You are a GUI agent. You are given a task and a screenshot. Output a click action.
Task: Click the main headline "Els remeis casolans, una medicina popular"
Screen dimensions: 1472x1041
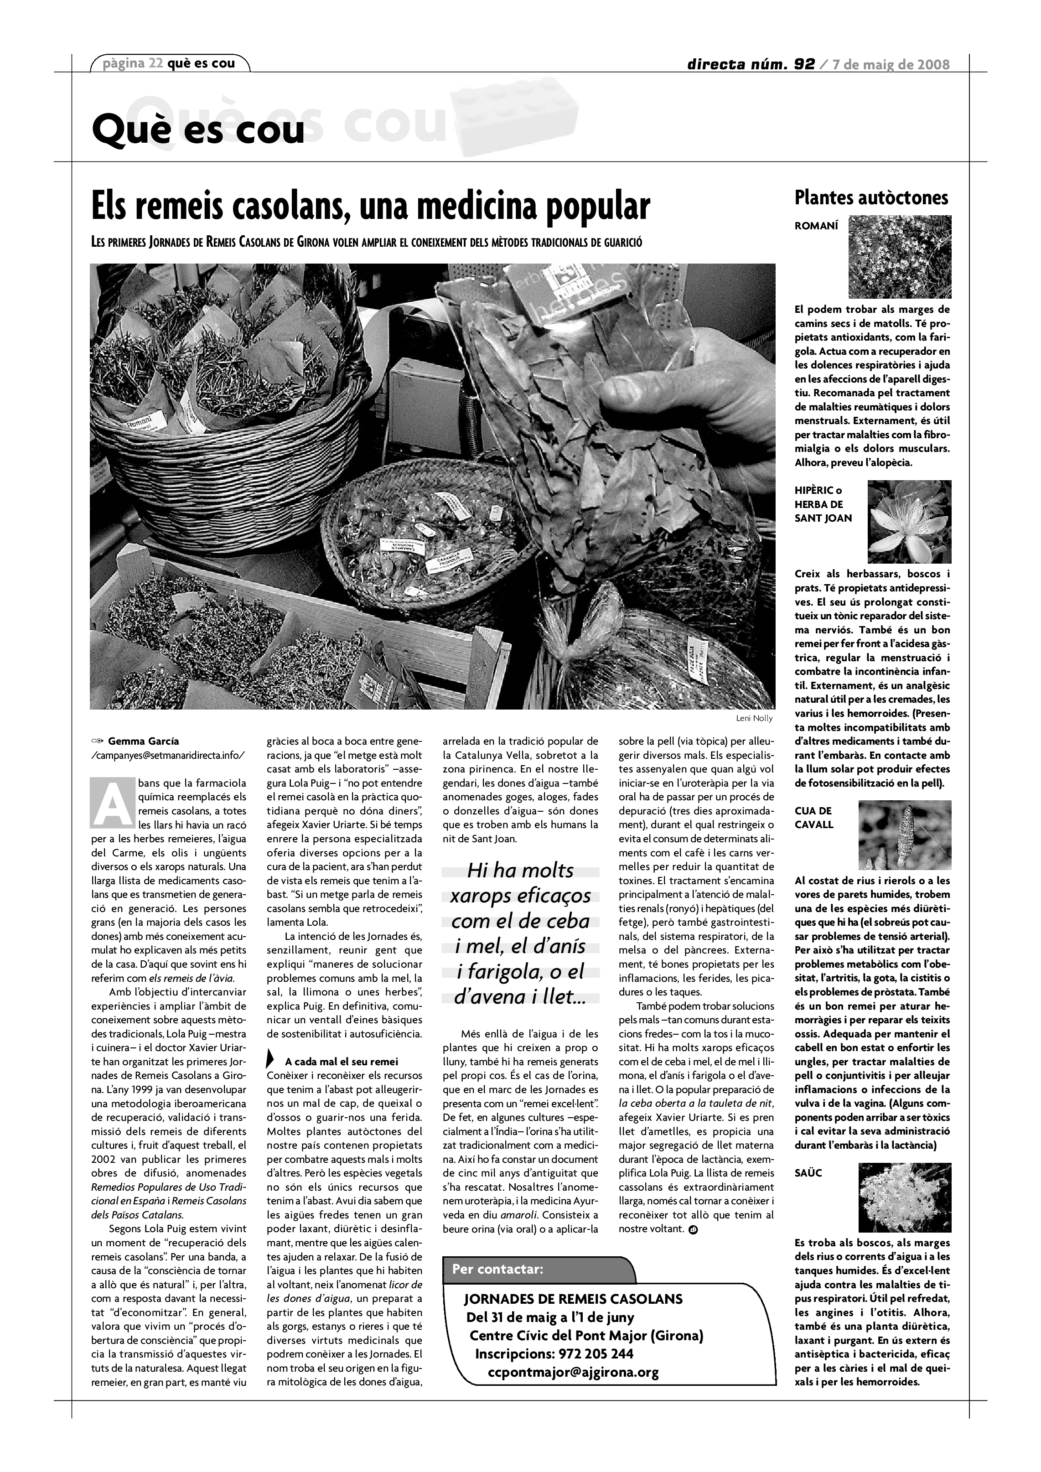371,207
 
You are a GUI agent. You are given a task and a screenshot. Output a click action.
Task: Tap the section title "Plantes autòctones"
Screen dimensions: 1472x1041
871,197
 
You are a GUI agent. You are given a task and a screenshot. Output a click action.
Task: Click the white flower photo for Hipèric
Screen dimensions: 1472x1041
909,522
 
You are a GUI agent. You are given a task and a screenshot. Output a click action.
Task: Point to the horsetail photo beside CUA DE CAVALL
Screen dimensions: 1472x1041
905,835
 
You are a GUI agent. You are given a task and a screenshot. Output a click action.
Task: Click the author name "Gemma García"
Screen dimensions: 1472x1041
144,741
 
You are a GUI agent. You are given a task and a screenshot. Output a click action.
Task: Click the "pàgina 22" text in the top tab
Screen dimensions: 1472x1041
133,63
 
